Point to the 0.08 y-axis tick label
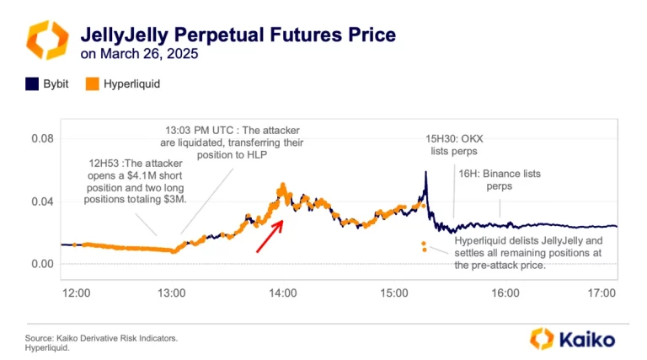tap(42, 139)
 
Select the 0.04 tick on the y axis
tap(42, 201)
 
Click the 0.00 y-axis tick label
tap(42, 264)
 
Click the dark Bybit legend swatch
tap(32, 84)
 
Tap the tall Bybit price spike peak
tap(426, 172)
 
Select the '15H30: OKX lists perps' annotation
tap(454, 145)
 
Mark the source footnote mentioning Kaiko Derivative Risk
tap(101, 338)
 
